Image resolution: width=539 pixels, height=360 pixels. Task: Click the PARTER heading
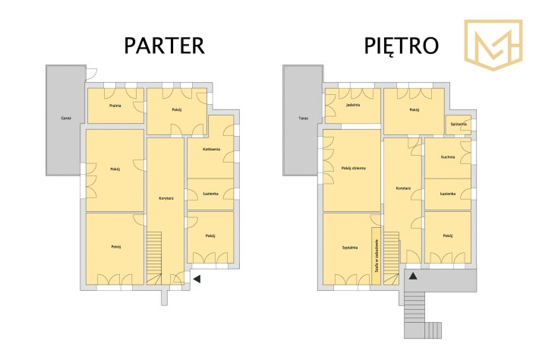click(164, 46)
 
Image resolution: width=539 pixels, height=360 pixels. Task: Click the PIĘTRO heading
click(401, 46)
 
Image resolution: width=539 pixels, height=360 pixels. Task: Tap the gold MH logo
click(493, 45)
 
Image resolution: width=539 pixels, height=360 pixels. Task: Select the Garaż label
click(66, 118)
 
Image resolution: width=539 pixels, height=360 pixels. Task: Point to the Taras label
click(303, 118)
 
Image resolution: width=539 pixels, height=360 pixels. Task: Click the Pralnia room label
click(115, 106)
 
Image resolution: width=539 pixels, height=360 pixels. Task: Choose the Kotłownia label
click(211, 149)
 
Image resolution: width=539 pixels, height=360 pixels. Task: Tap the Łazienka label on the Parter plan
click(211, 194)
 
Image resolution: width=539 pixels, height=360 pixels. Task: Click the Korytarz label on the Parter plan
click(166, 198)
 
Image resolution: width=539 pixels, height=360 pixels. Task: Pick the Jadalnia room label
click(353, 105)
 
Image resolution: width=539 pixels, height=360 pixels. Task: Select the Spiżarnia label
click(459, 124)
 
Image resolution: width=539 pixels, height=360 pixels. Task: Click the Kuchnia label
click(448, 156)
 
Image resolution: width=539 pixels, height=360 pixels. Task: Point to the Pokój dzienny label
click(354, 169)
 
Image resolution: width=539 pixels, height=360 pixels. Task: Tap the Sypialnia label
click(350, 248)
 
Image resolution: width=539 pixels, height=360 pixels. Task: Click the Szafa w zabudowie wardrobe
click(376, 256)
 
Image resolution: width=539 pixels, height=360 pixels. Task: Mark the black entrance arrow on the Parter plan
click(197, 279)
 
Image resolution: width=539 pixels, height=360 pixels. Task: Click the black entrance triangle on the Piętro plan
click(413, 276)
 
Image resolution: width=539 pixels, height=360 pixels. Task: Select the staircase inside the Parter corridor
click(154, 258)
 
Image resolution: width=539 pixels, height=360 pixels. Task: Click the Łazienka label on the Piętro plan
click(448, 194)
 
